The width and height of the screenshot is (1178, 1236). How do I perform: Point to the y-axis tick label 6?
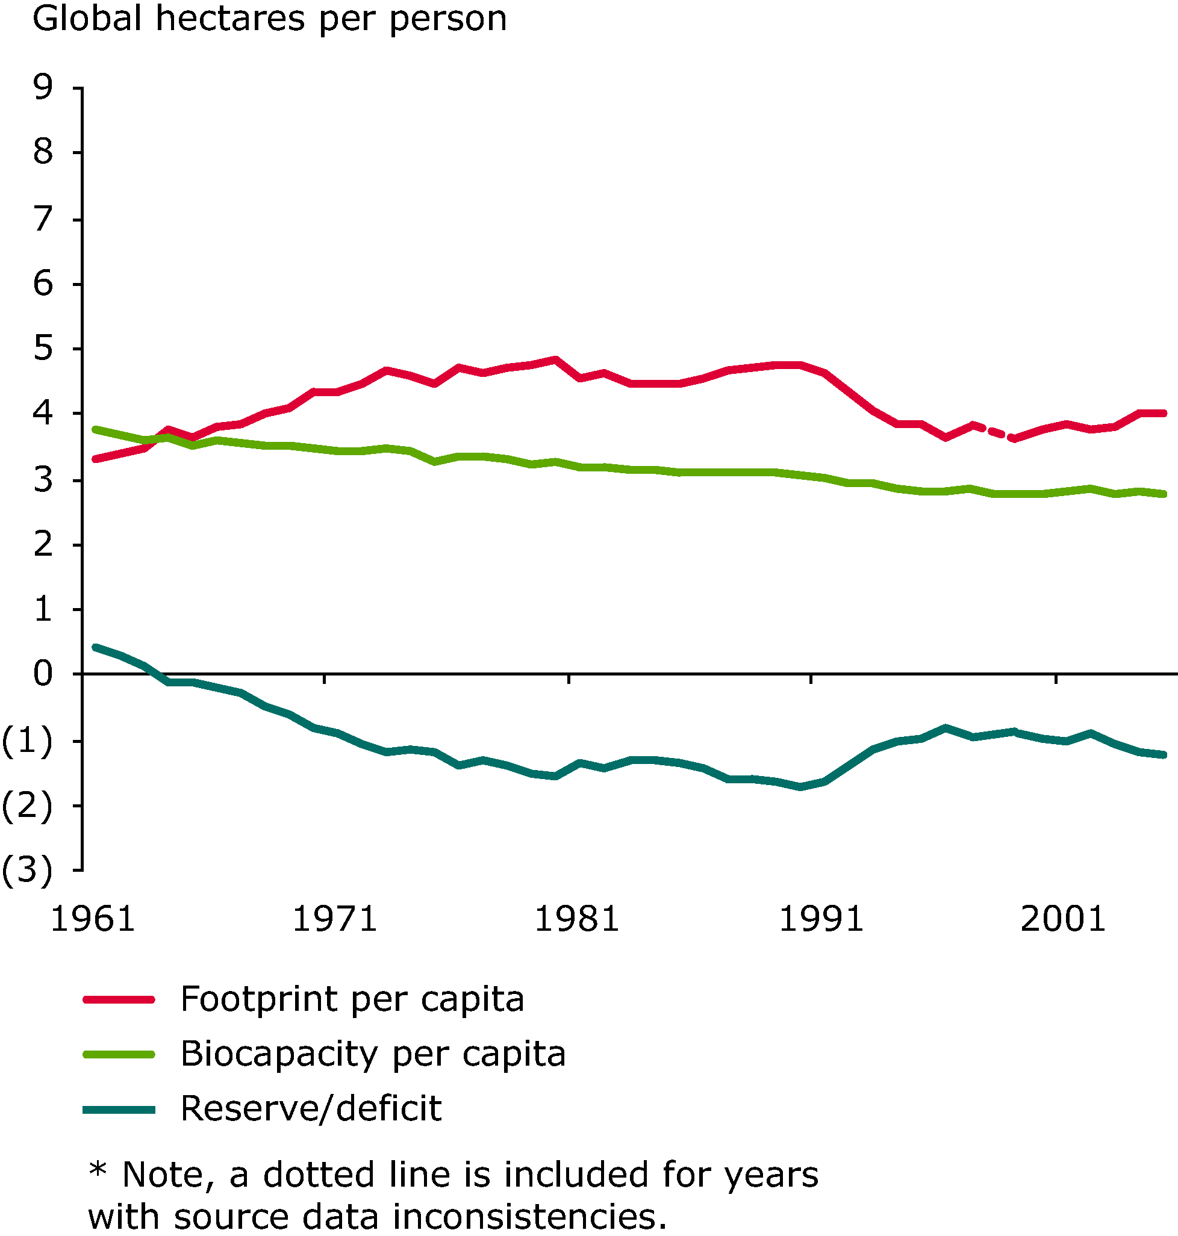coord(43,284)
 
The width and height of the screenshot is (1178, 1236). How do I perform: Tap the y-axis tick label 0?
coord(43,675)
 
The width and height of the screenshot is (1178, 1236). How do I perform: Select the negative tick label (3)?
coord(27,871)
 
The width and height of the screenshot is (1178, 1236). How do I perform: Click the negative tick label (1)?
coord(27,741)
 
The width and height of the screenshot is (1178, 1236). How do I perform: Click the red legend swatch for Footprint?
coord(119,999)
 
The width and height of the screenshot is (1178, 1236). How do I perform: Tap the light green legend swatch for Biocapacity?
coord(119,1055)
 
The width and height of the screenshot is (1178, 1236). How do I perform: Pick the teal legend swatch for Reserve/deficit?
coord(119,1110)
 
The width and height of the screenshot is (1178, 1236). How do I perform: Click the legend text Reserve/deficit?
coord(311,1108)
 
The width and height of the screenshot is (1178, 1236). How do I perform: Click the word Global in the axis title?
coord(87,19)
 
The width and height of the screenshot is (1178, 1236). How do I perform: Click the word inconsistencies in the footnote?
coord(529,1218)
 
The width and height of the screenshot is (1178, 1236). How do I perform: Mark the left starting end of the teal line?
coord(95,647)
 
